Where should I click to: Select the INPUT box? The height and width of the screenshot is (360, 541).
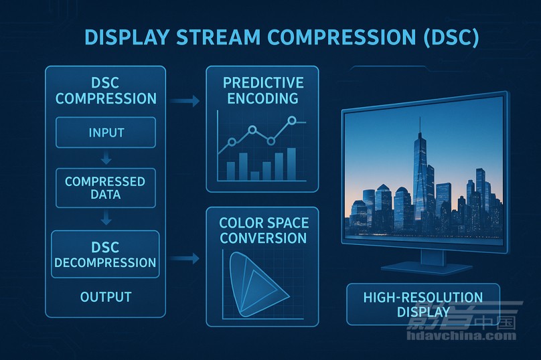pyautogui.click(x=106, y=132)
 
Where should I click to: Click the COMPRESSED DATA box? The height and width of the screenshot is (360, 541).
pyautogui.click(x=106, y=188)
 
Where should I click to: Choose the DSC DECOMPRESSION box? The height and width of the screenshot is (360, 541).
pyautogui.click(x=105, y=254)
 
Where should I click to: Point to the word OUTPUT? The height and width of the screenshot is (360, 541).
pyautogui.click(x=106, y=297)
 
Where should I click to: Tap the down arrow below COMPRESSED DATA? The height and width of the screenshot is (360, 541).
pyautogui.click(x=106, y=218)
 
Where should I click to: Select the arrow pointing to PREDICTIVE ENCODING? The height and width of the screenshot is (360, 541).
pyautogui.click(x=185, y=101)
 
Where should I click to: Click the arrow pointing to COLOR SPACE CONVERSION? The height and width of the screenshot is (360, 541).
pyautogui.click(x=185, y=258)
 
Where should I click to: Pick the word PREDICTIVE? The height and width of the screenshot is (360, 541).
pyautogui.click(x=263, y=83)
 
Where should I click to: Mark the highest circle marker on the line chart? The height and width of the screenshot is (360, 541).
pyautogui.click(x=292, y=120)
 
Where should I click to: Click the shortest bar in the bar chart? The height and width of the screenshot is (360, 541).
pyautogui.click(x=254, y=176)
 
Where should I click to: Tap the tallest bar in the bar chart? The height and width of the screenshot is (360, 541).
pyautogui.click(x=291, y=164)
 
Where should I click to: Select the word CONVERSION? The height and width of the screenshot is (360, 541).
pyautogui.click(x=263, y=238)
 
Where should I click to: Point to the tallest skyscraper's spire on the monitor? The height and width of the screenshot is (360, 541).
pyautogui.click(x=420, y=125)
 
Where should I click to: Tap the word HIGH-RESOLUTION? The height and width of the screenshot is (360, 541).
pyautogui.click(x=423, y=297)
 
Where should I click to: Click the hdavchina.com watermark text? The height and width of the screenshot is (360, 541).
pyautogui.click(x=461, y=335)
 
